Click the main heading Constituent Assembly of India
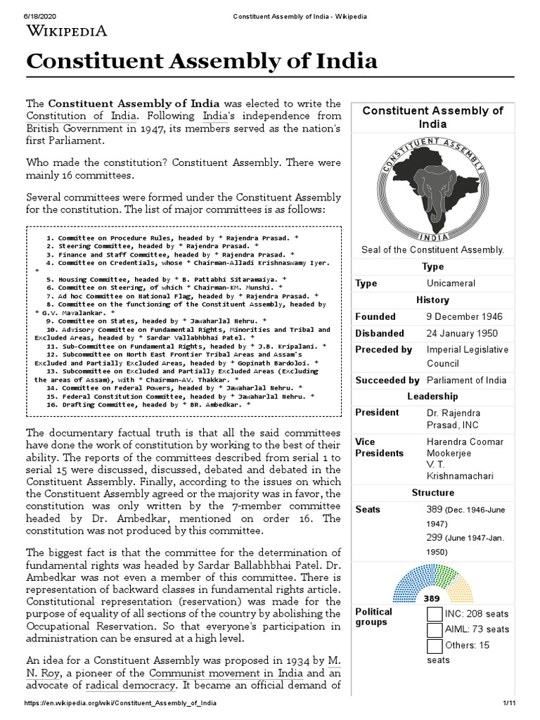pos(202,61)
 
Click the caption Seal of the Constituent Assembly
pos(432,250)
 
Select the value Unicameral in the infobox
pos(451,283)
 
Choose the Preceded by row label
pos(383,349)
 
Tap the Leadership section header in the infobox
pos(432,397)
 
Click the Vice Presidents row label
pos(380,447)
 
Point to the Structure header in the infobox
pos(432,493)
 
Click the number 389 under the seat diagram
pos(432,598)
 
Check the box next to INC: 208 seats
pos(435,614)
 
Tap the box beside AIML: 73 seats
pos(435,629)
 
